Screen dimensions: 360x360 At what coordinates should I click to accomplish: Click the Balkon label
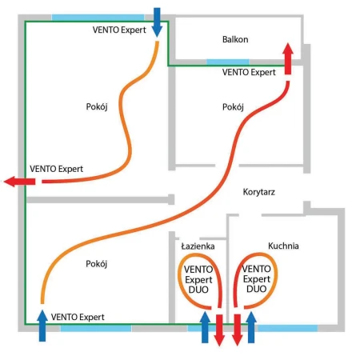(x=235, y=39)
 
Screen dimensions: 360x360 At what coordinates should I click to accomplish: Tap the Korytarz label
(x=258, y=192)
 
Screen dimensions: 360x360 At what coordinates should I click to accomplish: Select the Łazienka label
(x=198, y=246)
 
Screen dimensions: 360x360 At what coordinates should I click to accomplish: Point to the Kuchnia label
(x=283, y=246)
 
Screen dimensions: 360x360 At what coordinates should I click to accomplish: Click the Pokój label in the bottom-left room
(x=97, y=264)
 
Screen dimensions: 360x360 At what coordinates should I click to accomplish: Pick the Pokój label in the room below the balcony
(x=233, y=107)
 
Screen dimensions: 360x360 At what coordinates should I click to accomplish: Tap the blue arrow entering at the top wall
(x=157, y=22)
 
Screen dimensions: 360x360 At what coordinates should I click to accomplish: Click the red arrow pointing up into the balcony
(x=288, y=58)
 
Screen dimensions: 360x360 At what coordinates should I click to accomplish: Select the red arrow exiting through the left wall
(x=20, y=182)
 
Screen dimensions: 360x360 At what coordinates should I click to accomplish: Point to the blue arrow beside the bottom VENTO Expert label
(x=42, y=326)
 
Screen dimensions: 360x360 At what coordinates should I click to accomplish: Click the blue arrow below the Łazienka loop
(x=205, y=327)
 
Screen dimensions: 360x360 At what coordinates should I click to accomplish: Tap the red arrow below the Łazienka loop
(x=219, y=330)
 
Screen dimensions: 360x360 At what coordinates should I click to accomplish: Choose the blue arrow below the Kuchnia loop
(x=251, y=327)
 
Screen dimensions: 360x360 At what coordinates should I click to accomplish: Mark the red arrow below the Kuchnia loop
(x=237, y=330)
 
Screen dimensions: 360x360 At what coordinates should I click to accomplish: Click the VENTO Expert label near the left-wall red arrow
(x=56, y=169)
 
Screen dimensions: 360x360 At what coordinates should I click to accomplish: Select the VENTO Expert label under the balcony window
(x=249, y=72)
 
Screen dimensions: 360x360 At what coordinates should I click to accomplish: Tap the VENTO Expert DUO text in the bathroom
(x=198, y=279)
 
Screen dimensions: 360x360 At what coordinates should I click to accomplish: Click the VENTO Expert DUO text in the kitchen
(x=256, y=278)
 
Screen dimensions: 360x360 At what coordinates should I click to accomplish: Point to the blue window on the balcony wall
(x=228, y=62)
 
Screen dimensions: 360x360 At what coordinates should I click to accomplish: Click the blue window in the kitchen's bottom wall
(x=288, y=328)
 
